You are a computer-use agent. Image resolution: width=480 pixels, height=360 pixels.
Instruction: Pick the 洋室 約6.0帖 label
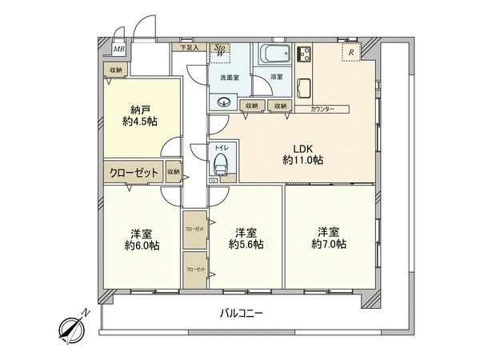142,240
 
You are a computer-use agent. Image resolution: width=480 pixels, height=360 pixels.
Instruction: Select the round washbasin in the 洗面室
222,102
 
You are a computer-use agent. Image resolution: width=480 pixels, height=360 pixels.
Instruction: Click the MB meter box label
118,50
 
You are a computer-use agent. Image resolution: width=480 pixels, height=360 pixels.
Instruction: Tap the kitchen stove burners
305,55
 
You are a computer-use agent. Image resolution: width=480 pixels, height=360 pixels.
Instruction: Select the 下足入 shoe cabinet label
189,47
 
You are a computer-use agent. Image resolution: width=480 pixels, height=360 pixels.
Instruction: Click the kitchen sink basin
305,86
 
